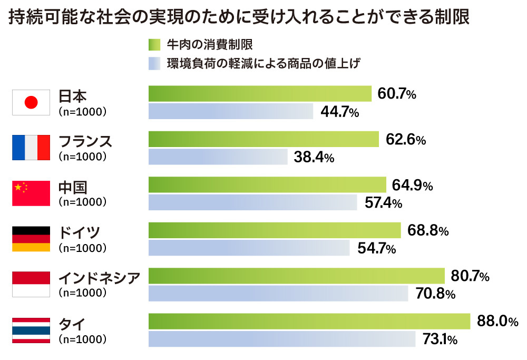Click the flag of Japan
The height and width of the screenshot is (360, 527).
point(31,102)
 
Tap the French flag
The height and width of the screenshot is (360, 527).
point(31,148)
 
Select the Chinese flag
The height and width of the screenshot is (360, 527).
point(31,193)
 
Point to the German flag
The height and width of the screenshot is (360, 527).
point(31,239)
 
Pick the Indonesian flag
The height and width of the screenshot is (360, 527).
point(31,285)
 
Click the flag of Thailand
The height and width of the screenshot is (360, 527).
point(31,330)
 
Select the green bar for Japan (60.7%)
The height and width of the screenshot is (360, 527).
point(260,94)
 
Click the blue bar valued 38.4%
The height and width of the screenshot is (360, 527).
point(218,157)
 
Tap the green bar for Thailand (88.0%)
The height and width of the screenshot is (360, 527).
point(309,321)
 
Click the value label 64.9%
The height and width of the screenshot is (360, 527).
point(412,186)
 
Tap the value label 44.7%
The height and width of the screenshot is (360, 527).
point(339,112)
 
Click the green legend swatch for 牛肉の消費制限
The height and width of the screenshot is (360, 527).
point(154,44)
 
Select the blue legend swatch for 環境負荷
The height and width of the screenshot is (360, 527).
point(154,64)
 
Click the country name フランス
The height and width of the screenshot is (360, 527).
point(85,141)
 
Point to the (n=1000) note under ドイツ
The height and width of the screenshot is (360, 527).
point(83,248)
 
